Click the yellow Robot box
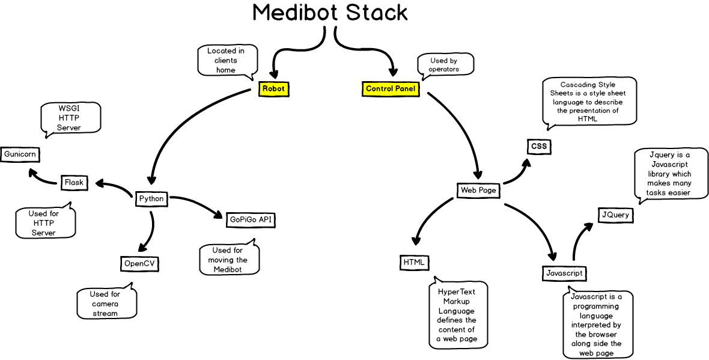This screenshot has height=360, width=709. pyautogui.click(x=273, y=88)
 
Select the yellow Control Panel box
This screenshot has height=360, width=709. pyautogui.click(x=391, y=88)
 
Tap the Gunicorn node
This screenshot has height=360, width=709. pyautogui.click(x=20, y=154)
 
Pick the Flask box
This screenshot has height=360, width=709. pyautogui.click(x=74, y=182)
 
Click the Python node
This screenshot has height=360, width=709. pyautogui.click(x=151, y=198)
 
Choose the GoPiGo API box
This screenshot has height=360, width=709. pyautogui.click(x=251, y=219)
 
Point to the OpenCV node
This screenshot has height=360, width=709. pyautogui.click(x=140, y=263)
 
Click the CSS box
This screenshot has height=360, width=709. pyautogui.click(x=539, y=146)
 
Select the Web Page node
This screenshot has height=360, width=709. pyautogui.click(x=478, y=191)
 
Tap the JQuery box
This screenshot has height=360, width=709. pyautogui.click(x=616, y=215)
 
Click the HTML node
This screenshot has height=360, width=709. pyautogui.click(x=414, y=262)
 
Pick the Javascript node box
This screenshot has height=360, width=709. pyautogui.click(x=564, y=273)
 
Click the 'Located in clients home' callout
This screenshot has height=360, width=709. pyautogui.click(x=227, y=60)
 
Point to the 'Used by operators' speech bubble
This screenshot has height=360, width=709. pyautogui.click(x=445, y=64)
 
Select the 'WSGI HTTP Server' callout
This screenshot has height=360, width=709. pyautogui.click(x=70, y=118)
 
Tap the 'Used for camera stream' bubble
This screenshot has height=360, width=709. pyautogui.click(x=106, y=304)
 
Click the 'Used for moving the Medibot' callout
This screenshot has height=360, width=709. pyautogui.click(x=228, y=260)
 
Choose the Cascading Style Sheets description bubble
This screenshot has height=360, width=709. pyautogui.click(x=588, y=102)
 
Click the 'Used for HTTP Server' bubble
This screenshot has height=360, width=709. pyautogui.click(x=44, y=223)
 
